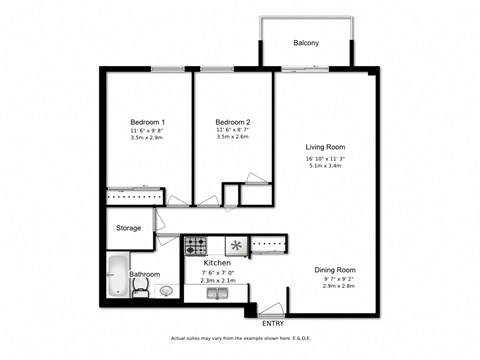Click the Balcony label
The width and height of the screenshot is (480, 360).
306,43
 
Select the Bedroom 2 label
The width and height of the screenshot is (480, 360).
231,121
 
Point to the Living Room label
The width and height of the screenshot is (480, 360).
327,147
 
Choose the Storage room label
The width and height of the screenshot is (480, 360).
129,228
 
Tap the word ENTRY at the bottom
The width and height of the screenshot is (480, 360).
271,323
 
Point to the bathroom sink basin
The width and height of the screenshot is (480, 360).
165,291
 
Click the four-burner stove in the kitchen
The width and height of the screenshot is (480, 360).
194,244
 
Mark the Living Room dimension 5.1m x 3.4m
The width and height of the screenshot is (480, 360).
327,167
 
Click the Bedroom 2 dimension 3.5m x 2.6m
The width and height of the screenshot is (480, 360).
231,139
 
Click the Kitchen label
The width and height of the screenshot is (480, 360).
217,263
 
